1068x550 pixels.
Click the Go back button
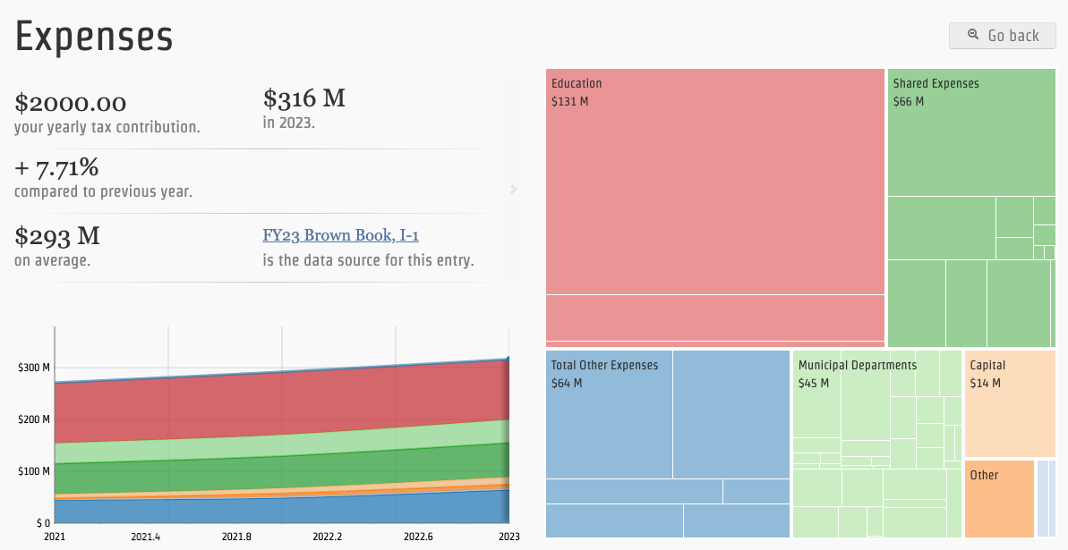(1003, 36)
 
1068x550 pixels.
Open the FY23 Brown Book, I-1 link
(340, 235)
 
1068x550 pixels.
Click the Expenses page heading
(94, 37)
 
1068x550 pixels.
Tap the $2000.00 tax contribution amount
(71, 103)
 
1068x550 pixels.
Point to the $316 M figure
(304, 98)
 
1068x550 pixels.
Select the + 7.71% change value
(56, 167)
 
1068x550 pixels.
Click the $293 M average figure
(57, 236)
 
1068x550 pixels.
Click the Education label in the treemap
(577, 83)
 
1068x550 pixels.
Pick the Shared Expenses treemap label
(936, 83)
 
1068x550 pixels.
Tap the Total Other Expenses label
(604, 365)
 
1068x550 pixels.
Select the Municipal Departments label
(857, 365)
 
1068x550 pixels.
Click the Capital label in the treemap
(987, 365)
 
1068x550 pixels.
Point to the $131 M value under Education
(570, 101)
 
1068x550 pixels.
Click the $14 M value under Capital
(985, 383)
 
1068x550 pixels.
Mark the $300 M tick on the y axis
(34, 368)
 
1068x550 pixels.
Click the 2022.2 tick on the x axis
(327, 537)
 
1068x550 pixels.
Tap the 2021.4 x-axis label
(145, 537)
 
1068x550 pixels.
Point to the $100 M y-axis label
(34, 471)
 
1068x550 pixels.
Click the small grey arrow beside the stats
(513, 189)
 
